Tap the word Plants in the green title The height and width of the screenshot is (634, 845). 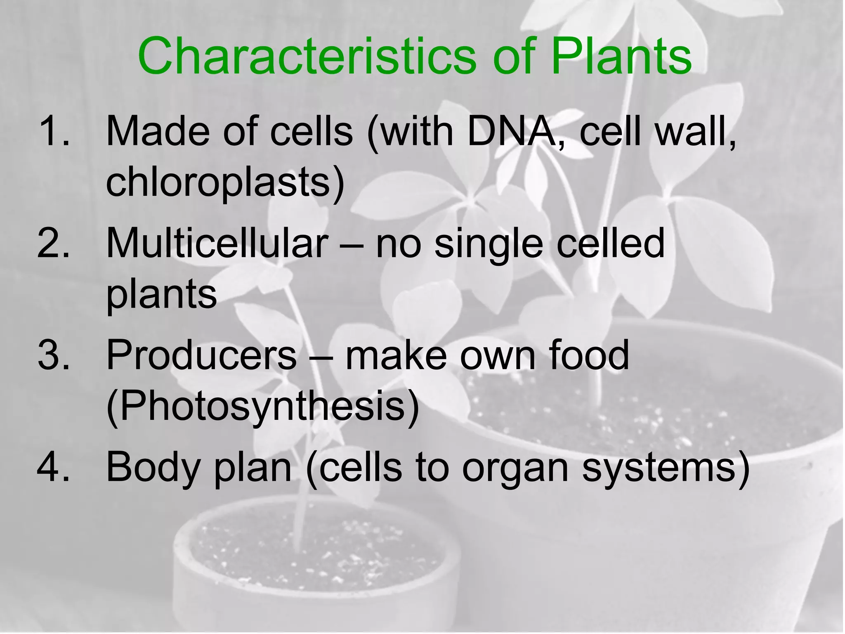621,57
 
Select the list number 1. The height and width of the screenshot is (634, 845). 53,131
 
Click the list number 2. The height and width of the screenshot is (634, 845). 53,244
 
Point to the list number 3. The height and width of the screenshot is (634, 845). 53,355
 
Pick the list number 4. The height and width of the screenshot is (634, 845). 53,467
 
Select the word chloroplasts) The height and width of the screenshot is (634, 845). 225,182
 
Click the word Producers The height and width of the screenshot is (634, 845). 201,355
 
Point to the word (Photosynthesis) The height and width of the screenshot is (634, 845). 262,407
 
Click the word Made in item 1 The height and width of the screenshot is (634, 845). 157,131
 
